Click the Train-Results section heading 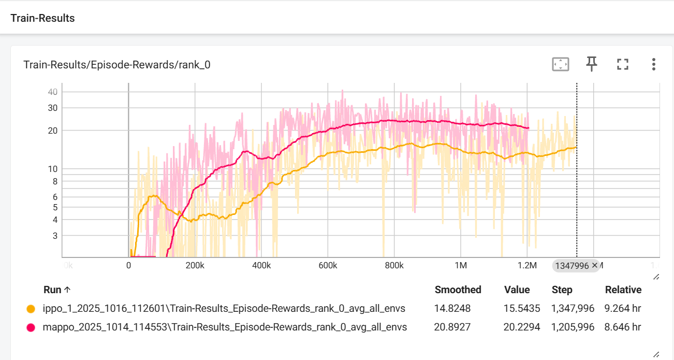point(42,18)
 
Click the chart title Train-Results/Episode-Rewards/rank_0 point(116,65)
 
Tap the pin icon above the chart point(591,64)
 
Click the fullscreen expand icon point(622,64)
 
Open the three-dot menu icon point(653,64)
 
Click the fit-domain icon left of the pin point(561,64)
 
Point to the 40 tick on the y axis point(52,92)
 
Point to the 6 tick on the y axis point(54,197)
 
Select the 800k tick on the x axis point(394,266)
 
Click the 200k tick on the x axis point(195,266)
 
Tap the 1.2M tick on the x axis point(527,266)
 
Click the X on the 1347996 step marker point(594,265)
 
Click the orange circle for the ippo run point(31,309)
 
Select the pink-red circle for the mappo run point(31,327)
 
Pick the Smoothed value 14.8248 point(452,309)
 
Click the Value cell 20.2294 point(522,327)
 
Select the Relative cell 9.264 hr point(622,309)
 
